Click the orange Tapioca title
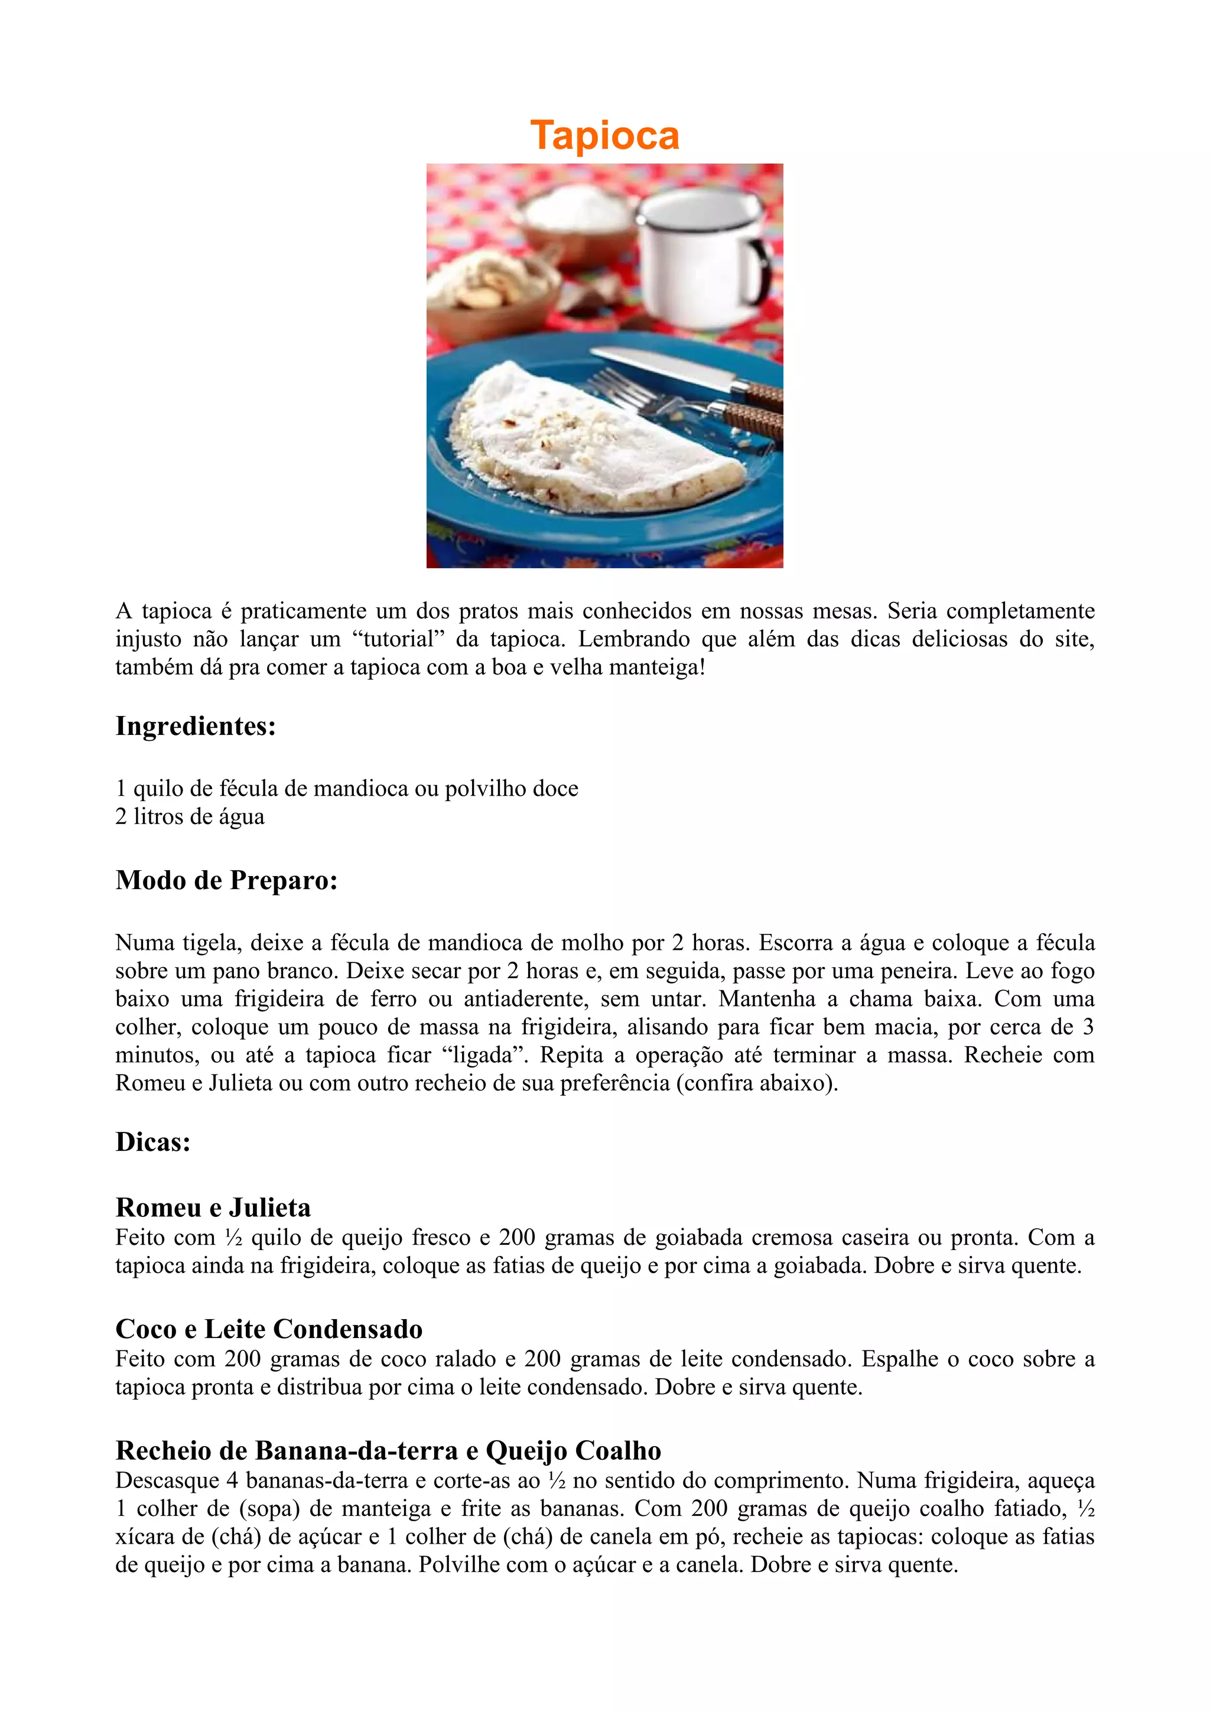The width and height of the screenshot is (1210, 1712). [x=604, y=135]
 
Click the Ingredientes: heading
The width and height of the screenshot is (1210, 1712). [x=196, y=726]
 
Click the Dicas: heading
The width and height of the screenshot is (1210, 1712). [x=153, y=1141]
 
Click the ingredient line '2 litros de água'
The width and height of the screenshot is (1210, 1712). [x=190, y=816]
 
